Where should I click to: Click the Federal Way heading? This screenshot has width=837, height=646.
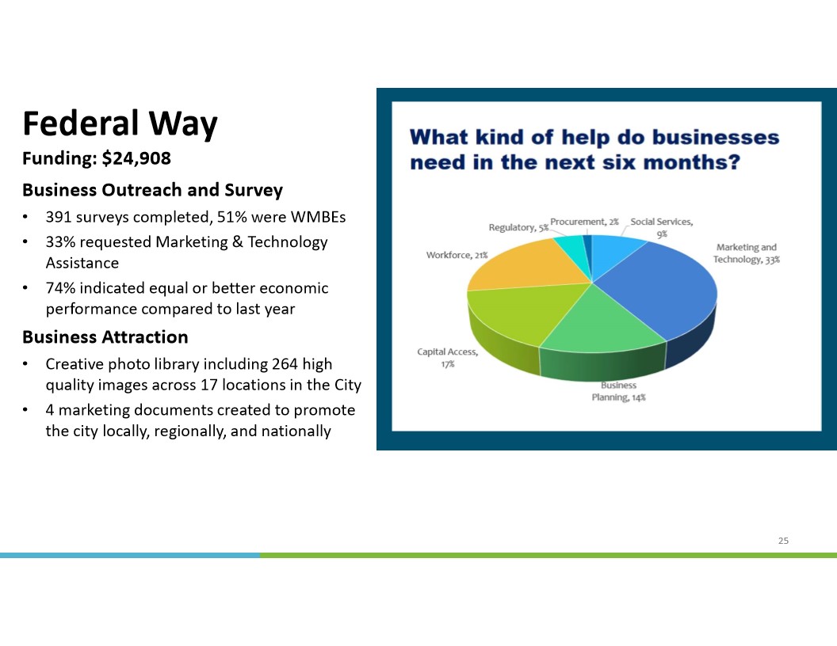tap(120, 123)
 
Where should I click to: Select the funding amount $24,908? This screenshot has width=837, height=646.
tap(136, 158)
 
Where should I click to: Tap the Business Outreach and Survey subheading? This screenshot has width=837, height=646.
tap(153, 190)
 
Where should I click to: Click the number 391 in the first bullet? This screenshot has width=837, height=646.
tap(59, 217)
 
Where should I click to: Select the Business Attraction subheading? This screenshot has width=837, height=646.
tap(105, 337)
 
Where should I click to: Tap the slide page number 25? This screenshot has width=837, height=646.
tap(783, 541)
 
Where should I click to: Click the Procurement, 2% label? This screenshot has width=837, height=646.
tap(584, 222)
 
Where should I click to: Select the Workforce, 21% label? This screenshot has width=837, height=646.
tap(457, 255)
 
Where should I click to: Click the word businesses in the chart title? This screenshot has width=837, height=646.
tap(715, 138)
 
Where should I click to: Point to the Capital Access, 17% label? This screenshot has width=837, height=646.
tap(447, 358)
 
